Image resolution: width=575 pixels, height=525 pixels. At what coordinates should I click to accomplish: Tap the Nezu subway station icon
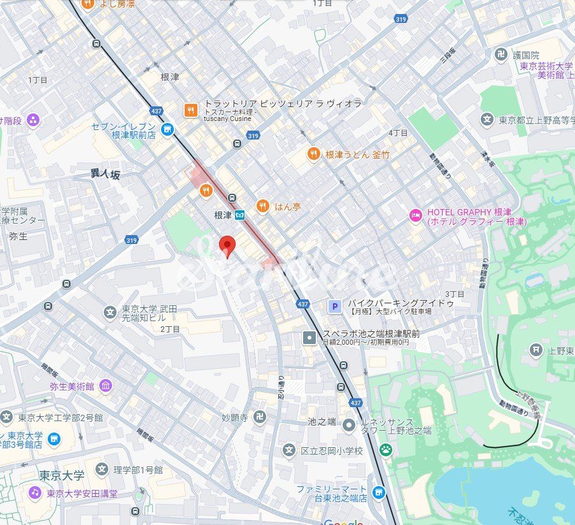239,215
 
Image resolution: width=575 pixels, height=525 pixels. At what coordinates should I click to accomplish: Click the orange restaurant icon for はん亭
262,206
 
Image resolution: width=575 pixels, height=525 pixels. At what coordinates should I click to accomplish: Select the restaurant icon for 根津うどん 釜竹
313,154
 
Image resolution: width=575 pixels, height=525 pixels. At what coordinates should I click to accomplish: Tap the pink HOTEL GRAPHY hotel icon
415,215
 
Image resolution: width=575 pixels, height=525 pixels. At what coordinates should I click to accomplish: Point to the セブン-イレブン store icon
167,129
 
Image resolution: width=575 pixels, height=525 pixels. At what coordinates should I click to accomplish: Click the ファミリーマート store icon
379,492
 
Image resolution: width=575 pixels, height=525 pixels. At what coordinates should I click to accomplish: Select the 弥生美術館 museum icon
106,385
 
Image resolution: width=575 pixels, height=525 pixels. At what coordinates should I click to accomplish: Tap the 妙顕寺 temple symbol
259,417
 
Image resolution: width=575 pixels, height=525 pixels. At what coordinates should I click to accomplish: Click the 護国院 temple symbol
500,55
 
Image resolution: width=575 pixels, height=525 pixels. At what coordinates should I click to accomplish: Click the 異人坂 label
105,174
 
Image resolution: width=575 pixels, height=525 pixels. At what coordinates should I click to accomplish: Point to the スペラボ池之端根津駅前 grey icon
309,337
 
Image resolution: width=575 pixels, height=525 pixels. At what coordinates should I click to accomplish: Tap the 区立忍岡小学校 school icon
289,450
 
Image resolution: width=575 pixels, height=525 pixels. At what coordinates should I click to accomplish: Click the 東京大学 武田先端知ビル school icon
110,313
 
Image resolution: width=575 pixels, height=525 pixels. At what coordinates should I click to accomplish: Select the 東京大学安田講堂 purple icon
34,493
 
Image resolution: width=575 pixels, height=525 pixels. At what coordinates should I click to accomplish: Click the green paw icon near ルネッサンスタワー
385,450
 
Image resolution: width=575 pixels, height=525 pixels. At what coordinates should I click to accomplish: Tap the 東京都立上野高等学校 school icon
487,119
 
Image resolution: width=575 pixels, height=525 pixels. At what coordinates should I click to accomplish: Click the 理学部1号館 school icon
102,470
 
